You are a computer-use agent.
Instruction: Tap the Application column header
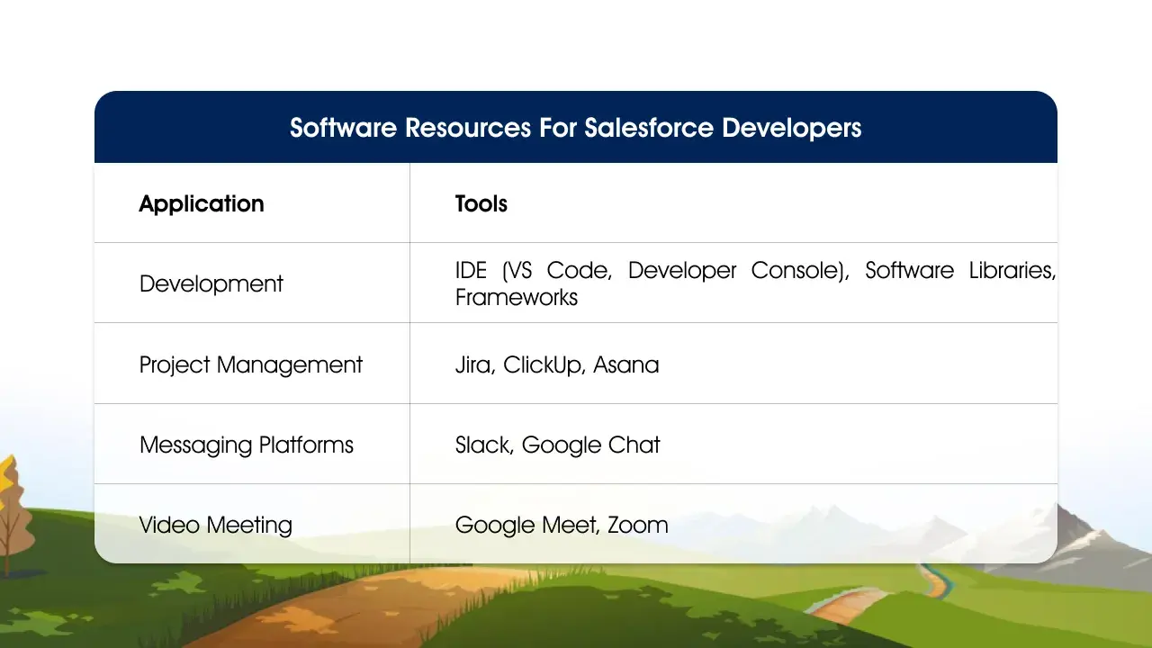[202, 203]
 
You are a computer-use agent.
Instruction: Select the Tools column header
[481, 203]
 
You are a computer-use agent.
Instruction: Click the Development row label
[211, 283]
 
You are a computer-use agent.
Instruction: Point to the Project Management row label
[251, 364]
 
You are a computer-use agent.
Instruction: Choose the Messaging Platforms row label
[247, 445]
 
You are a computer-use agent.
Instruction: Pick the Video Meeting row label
[216, 525]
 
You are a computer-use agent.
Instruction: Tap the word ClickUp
[543, 364]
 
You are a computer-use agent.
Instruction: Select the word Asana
[626, 364]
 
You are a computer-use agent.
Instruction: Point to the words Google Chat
[591, 445]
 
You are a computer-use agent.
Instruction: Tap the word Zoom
[638, 525]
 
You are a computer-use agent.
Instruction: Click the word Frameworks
[517, 297]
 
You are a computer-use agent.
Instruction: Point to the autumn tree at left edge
[9, 504]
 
